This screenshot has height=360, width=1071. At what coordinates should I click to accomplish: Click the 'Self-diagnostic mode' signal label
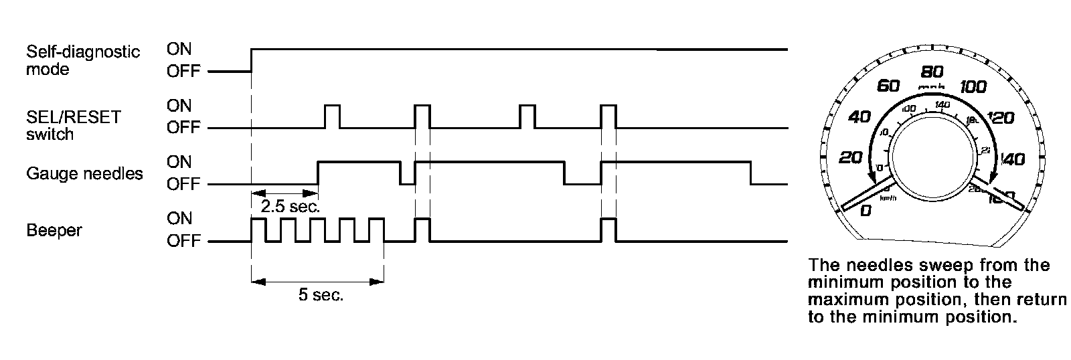[x=82, y=60]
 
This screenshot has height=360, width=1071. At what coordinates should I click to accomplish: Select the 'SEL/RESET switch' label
[x=73, y=125]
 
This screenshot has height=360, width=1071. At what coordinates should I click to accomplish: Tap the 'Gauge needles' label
[x=84, y=174]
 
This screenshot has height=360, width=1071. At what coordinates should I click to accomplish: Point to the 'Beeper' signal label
[x=54, y=231]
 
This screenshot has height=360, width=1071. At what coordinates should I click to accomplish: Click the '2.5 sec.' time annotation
[x=290, y=207]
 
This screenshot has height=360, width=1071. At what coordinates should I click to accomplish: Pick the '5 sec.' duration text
[x=321, y=295]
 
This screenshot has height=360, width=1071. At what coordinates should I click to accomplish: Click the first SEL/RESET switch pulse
[x=332, y=116]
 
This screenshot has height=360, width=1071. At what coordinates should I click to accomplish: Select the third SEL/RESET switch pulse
[x=527, y=116]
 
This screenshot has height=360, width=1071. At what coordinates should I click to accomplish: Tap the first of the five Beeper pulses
[x=258, y=230]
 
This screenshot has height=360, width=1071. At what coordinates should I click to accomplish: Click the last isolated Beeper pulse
[x=608, y=230]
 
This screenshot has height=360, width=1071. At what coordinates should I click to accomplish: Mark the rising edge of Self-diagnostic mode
[x=251, y=60]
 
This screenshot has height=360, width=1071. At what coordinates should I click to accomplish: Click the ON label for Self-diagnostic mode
[x=179, y=49]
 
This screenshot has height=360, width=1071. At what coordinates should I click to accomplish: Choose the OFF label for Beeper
[x=183, y=242]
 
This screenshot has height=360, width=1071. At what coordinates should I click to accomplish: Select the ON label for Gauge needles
[x=179, y=162]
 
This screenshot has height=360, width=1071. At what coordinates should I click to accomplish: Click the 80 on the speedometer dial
[x=932, y=72]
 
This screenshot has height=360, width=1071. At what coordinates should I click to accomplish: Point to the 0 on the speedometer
[x=865, y=211]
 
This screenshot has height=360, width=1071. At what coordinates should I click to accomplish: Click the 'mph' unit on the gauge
[x=932, y=87]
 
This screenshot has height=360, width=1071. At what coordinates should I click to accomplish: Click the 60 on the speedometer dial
[x=888, y=86]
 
